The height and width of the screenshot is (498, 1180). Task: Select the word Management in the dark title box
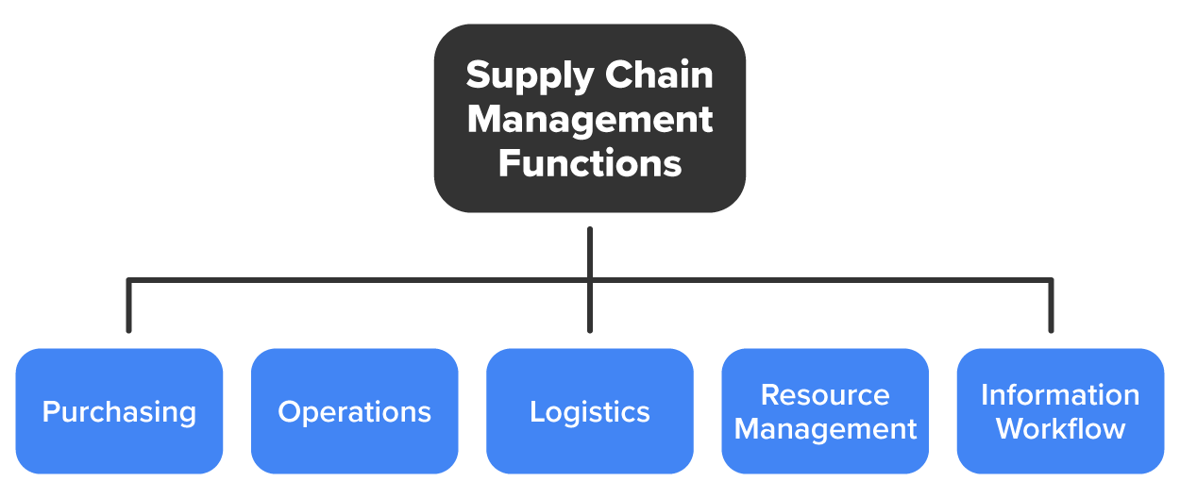590,120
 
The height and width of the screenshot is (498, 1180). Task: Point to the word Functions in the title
590,163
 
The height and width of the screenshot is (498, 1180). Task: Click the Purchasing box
120,411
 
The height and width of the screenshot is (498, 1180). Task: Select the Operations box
355,411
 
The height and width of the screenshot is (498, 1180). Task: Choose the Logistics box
590,411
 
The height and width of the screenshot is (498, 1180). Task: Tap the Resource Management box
825,411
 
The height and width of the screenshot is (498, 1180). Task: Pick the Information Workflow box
1060,411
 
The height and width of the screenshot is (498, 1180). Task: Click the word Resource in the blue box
825,394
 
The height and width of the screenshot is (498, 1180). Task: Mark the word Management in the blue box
825,429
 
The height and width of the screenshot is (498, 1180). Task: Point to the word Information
1060,394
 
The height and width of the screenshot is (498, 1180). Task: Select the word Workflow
1060,429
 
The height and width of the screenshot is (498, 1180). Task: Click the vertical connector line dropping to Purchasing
129,307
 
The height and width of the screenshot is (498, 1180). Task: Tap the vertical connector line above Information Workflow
1051,307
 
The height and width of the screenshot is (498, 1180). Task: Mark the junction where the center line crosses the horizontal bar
590,280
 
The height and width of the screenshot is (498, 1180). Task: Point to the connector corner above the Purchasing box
129,280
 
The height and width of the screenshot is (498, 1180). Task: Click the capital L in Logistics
536,412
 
